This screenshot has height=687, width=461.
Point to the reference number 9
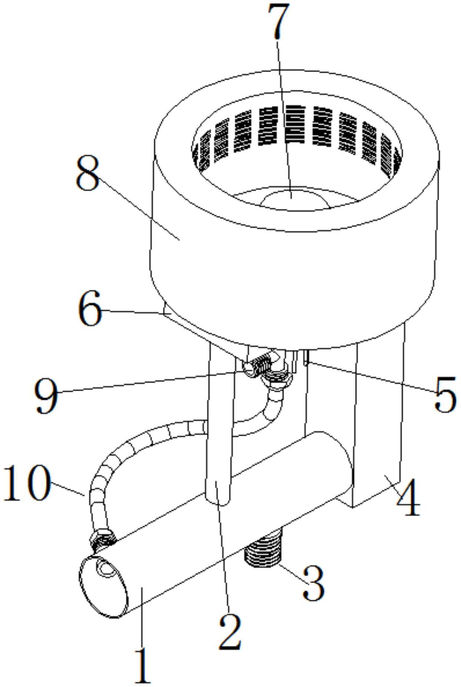(47, 396)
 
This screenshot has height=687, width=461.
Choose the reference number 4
(408, 497)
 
